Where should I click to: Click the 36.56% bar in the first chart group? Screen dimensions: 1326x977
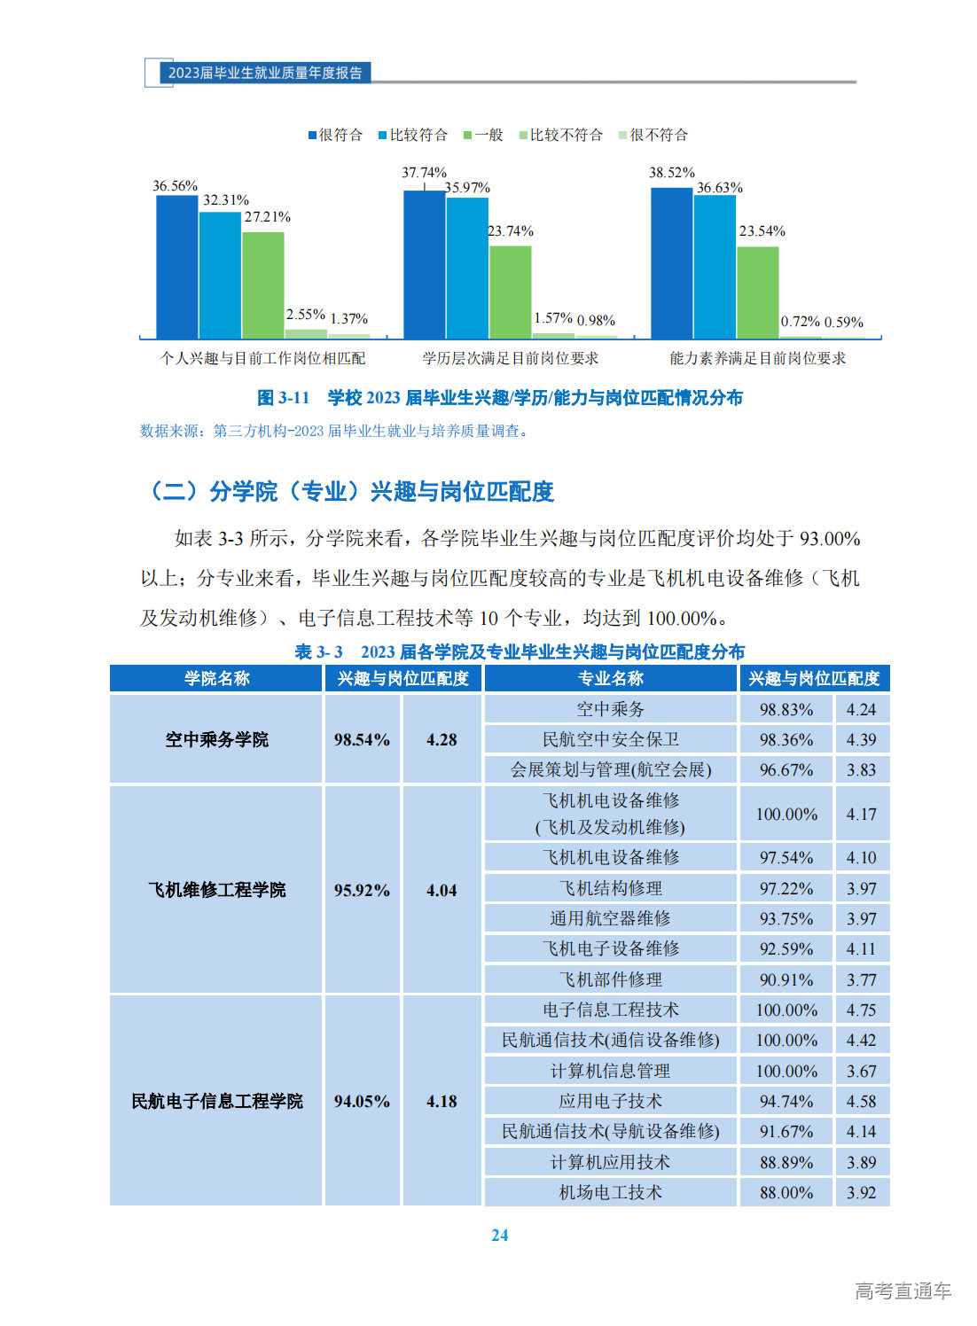[x=177, y=266]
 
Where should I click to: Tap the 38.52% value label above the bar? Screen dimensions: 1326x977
[x=672, y=173]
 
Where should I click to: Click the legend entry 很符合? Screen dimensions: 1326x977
[x=336, y=135]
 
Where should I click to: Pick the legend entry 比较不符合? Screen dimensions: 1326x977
[x=561, y=135]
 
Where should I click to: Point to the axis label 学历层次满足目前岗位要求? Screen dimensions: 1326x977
[x=511, y=358]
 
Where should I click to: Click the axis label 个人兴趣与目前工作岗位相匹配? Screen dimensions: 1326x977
[x=262, y=358]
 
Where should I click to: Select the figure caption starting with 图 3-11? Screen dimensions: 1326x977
[x=499, y=398]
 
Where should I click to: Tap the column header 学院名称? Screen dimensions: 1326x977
[x=216, y=678]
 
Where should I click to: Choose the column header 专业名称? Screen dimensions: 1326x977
[x=610, y=678]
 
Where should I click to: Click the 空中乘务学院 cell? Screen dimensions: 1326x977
[x=216, y=739]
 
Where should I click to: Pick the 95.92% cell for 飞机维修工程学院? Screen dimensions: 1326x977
[x=362, y=890]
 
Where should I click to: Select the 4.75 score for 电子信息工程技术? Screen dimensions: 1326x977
[x=861, y=1010]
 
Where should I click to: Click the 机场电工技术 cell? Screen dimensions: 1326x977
[x=610, y=1192]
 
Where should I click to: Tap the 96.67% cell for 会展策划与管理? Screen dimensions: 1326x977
[x=786, y=769]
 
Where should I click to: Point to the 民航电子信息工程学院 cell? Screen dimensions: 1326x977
[x=216, y=1101]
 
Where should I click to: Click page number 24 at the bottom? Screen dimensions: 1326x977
[x=499, y=1235]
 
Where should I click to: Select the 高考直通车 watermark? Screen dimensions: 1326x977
[x=903, y=1291]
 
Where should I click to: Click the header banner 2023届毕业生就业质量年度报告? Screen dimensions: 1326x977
[x=265, y=73]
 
